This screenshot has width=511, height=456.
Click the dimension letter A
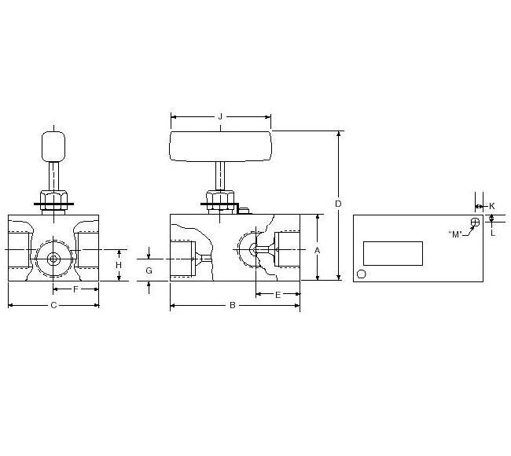(317, 250)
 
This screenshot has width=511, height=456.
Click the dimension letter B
(232, 306)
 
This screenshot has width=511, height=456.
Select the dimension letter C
(53, 305)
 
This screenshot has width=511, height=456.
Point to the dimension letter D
(338, 204)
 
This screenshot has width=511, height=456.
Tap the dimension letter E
(278, 294)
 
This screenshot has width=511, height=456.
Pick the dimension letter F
(75, 289)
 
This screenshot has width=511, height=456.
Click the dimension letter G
(149, 270)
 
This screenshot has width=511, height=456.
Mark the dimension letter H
(119, 265)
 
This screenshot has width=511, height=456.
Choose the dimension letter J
(220, 118)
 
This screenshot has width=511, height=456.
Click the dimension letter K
(491, 206)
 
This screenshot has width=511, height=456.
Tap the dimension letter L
(491, 232)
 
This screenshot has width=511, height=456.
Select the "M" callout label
(454, 234)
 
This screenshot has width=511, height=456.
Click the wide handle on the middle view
(220, 146)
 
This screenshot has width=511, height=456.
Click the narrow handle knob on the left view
(53, 146)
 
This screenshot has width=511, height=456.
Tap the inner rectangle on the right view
(392, 253)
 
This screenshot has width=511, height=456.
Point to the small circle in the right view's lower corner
(362, 274)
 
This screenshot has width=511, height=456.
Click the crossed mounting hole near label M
(475, 222)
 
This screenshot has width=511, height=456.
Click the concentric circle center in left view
(53, 258)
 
